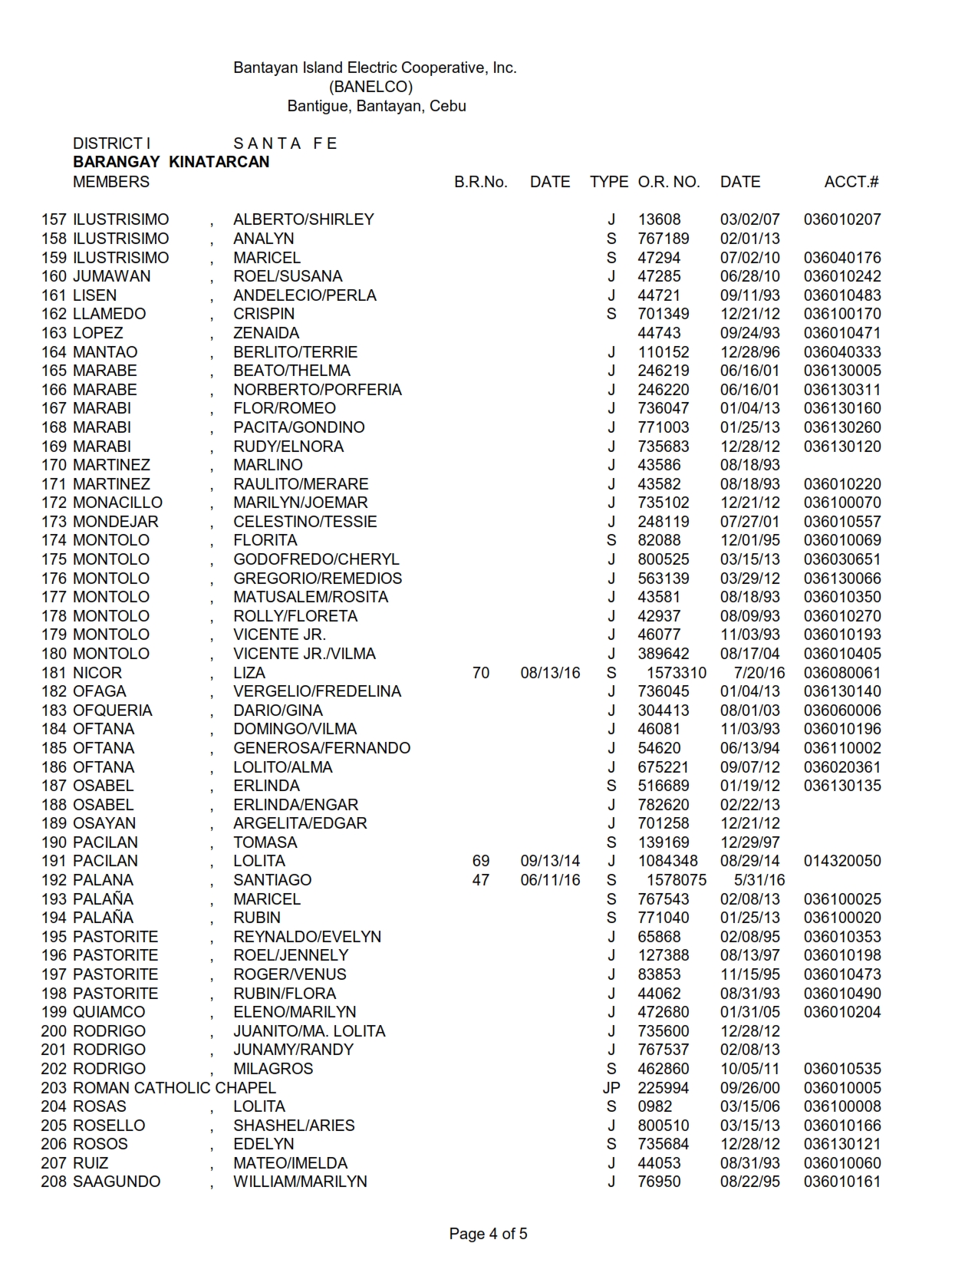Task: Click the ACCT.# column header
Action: (x=851, y=182)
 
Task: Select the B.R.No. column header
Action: (x=481, y=182)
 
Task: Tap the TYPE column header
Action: (x=609, y=182)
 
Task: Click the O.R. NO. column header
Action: (x=669, y=182)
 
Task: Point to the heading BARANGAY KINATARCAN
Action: (x=171, y=162)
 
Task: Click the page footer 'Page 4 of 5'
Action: (x=489, y=1234)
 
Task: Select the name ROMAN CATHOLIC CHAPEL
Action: (x=174, y=1088)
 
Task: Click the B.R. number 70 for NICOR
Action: (x=481, y=673)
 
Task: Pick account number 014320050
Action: (x=842, y=861)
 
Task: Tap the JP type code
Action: (x=611, y=1088)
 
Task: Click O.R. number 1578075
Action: (x=677, y=880)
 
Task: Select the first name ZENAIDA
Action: (x=266, y=333)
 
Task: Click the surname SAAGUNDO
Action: (x=117, y=1182)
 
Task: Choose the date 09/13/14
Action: (x=550, y=861)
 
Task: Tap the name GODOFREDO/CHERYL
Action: (x=316, y=559)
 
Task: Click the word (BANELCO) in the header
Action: (x=370, y=87)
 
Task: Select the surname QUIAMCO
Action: (x=109, y=1012)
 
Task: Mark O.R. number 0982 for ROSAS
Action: (x=655, y=1106)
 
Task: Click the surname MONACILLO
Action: (x=117, y=503)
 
